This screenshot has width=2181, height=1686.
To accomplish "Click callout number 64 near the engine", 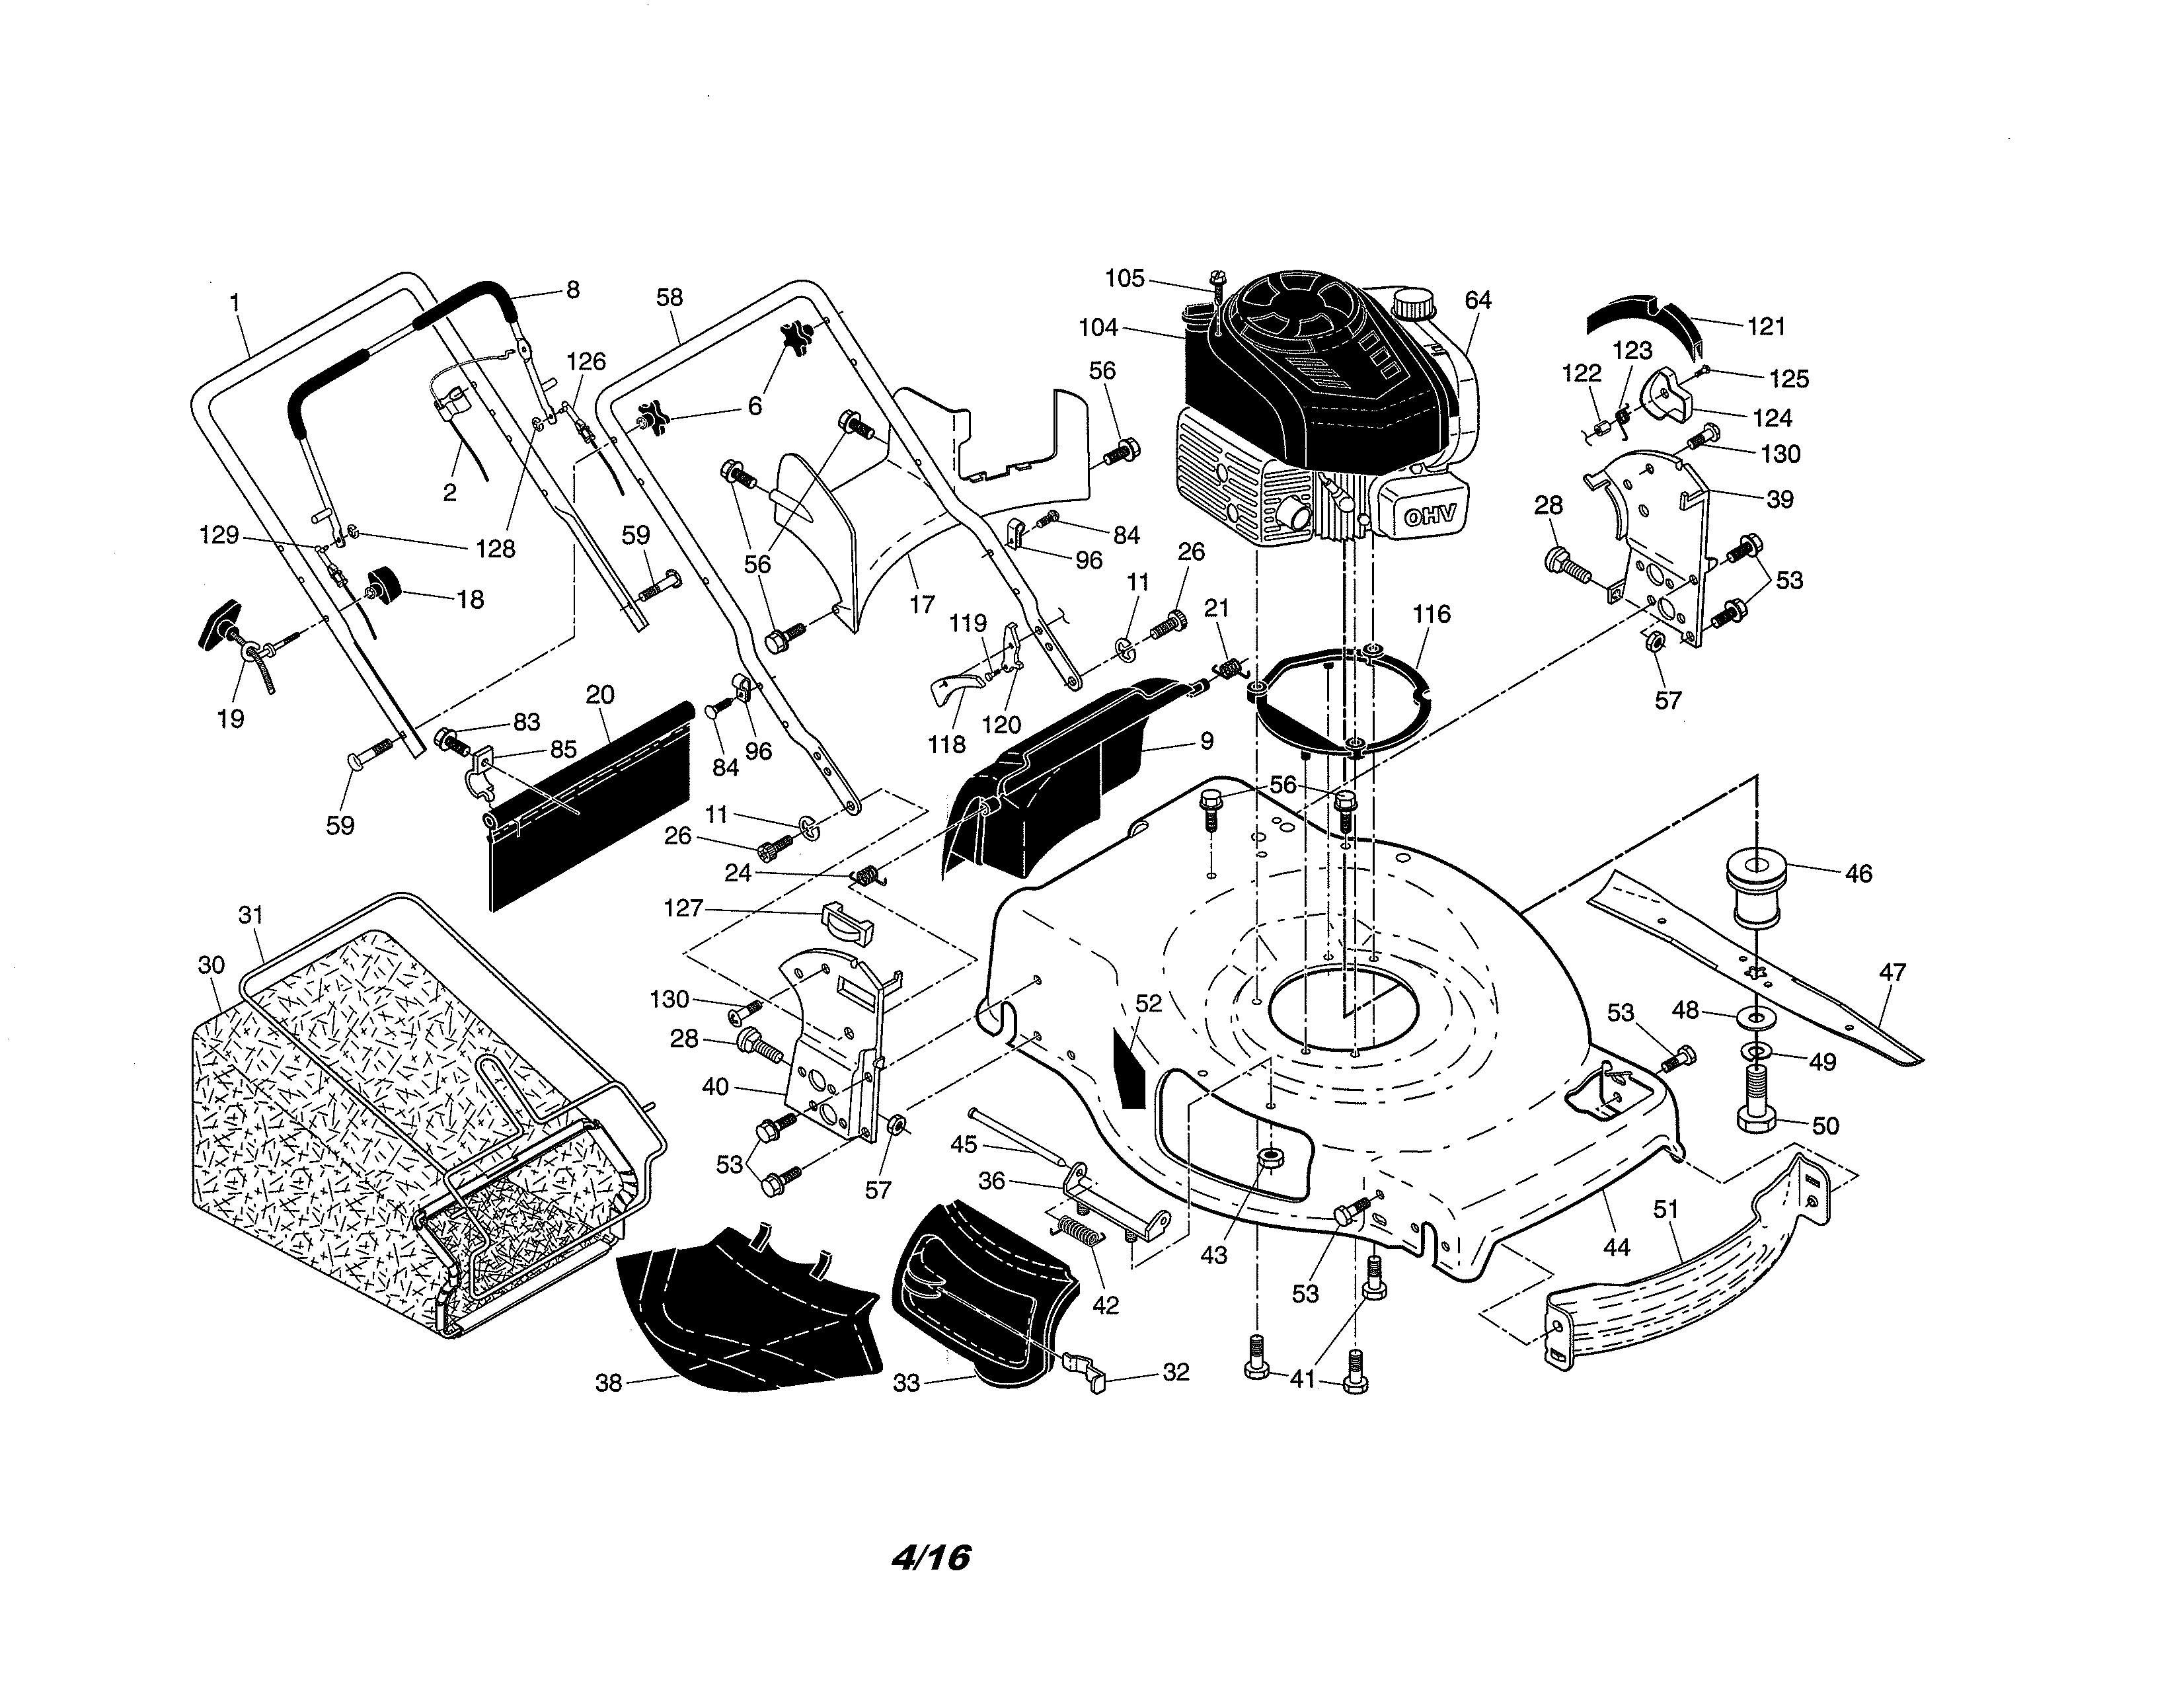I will (x=1477, y=300).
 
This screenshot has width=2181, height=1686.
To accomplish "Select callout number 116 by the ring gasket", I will (x=1431, y=614).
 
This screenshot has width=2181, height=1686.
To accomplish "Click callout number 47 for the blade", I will (x=1892, y=972).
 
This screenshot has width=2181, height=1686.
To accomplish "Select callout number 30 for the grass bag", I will (x=211, y=965).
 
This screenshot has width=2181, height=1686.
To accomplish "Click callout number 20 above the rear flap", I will (x=599, y=694).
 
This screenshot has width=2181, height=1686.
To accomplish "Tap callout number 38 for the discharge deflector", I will (x=608, y=1383).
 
